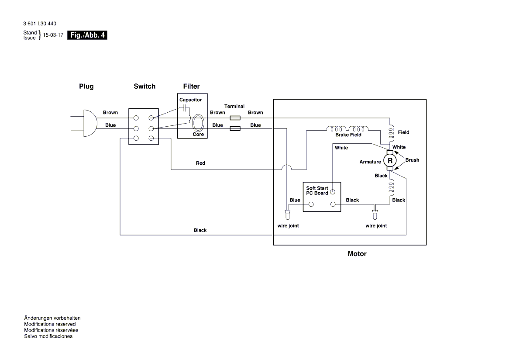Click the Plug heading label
click(x=86, y=87)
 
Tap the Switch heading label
click(x=144, y=87)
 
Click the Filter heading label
click(x=191, y=87)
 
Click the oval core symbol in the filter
click(x=198, y=123)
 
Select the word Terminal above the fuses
click(x=234, y=107)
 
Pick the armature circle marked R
click(x=390, y=161)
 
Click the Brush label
click(x=412, y=160)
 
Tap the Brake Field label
click(x=348, y=135)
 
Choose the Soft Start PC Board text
click(x=317, y=190)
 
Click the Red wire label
click(x=200, y=163)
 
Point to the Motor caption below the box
click(x=357, y=254)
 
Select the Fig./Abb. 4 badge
click(x=87, y=35)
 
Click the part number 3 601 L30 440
click(x=40, y=24)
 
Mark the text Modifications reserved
click(x=50, y=324)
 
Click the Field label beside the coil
click(x=403, y=132)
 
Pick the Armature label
click(x=370, y=162)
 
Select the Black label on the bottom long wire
click(x=200, y=230)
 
